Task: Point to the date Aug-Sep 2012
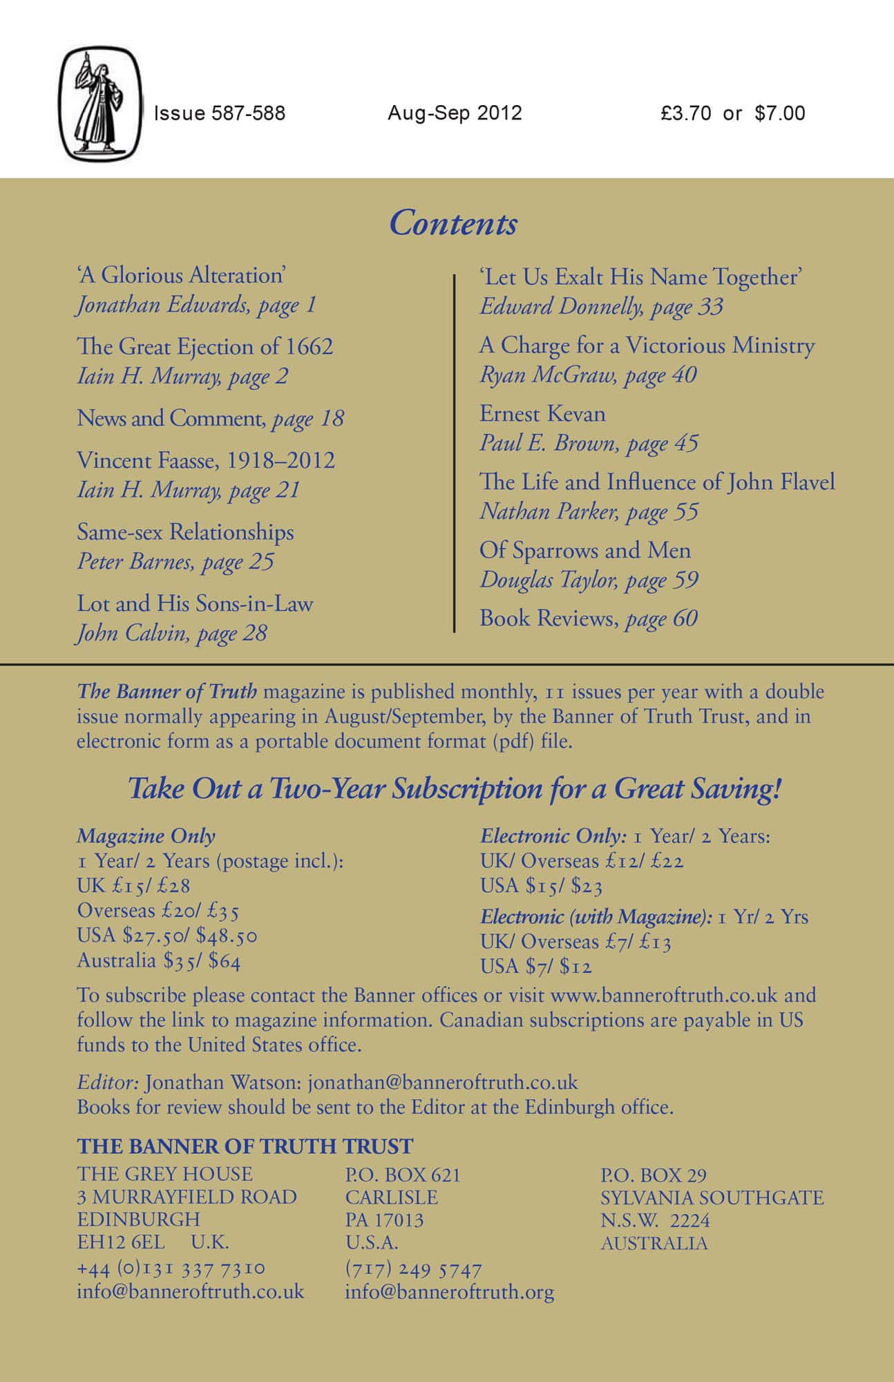(455, 113)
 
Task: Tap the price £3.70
(685, 113)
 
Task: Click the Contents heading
(453, 223)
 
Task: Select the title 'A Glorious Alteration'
(181, 275)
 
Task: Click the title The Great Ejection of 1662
(205, 346)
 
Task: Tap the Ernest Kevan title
(542, 413)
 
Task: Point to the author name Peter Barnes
(135, 561)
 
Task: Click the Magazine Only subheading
(146, 835)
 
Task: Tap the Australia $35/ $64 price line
(159, 960)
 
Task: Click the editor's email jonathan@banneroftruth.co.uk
(443, 1082)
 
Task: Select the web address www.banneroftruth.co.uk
(663, 995)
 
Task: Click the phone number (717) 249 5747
(413, 1269)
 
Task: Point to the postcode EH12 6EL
(121, 1242)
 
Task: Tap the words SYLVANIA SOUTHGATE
(712, 1198)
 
